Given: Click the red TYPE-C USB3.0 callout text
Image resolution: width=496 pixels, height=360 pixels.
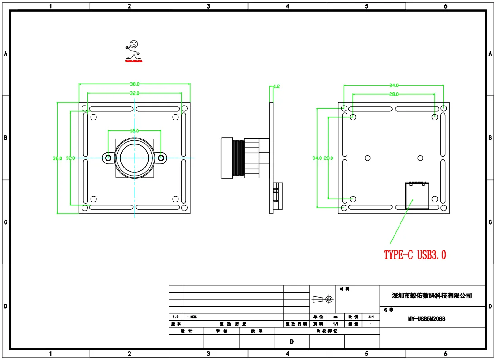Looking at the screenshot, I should click(415, 255).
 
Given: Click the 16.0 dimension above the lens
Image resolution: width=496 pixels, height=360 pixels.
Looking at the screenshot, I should click(135, 130).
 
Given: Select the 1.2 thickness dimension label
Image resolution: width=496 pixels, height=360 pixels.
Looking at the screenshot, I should click(277, 86).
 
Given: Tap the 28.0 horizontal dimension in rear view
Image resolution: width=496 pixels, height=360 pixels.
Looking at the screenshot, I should click(394, 94).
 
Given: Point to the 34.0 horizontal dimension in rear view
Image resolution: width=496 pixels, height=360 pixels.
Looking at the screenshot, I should click(394, 85).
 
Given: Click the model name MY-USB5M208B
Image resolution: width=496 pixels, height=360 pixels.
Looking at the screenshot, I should click(427, 319).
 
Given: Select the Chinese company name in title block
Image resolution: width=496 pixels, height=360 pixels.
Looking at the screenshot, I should click(432, 296).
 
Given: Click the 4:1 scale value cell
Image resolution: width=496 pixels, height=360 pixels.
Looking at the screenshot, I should click(371, 317).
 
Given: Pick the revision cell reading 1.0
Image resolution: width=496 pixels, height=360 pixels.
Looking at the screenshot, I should click(176, 317).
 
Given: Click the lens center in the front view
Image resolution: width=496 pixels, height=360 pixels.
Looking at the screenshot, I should click(135, 158).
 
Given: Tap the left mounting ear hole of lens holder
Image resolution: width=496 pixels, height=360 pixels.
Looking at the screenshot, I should click(108, 158).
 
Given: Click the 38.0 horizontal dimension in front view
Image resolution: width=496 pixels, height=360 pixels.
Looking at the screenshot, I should click(135, 84).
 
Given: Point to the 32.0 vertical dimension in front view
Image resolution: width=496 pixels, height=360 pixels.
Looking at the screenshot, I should click(70, 158).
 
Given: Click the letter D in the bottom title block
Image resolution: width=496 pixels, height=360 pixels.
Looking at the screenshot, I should click(292, 342).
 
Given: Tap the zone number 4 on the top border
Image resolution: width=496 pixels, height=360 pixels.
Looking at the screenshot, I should click(288, 6).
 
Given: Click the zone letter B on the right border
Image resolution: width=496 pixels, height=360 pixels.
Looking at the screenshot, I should click(491, 138).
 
